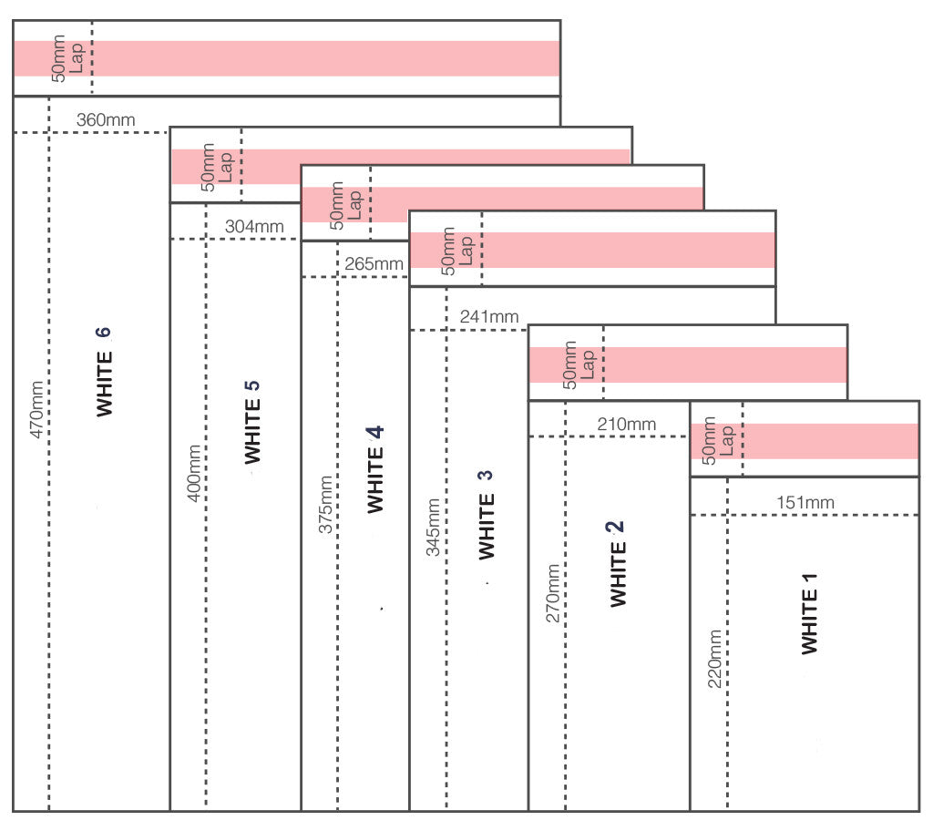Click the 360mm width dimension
pos(106,119)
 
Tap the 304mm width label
pos(254,226)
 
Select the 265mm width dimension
pos(374,264)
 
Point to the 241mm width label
pos(489,316)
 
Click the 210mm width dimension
pos(627,424)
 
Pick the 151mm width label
pos(805,502)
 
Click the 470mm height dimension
pos(37,409)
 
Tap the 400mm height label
pos(193,473)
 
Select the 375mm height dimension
pos(325,504)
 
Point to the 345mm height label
pos(434,527)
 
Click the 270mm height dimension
pos(553,593)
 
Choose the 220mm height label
pos(715,659)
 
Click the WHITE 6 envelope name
pos(105,372)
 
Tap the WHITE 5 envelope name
pos(253,421)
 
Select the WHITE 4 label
pos(375,470)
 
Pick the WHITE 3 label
pos(487,514)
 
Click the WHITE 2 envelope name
pos(617,562)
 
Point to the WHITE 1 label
pos(809,613)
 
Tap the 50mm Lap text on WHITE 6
pos(67,58)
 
